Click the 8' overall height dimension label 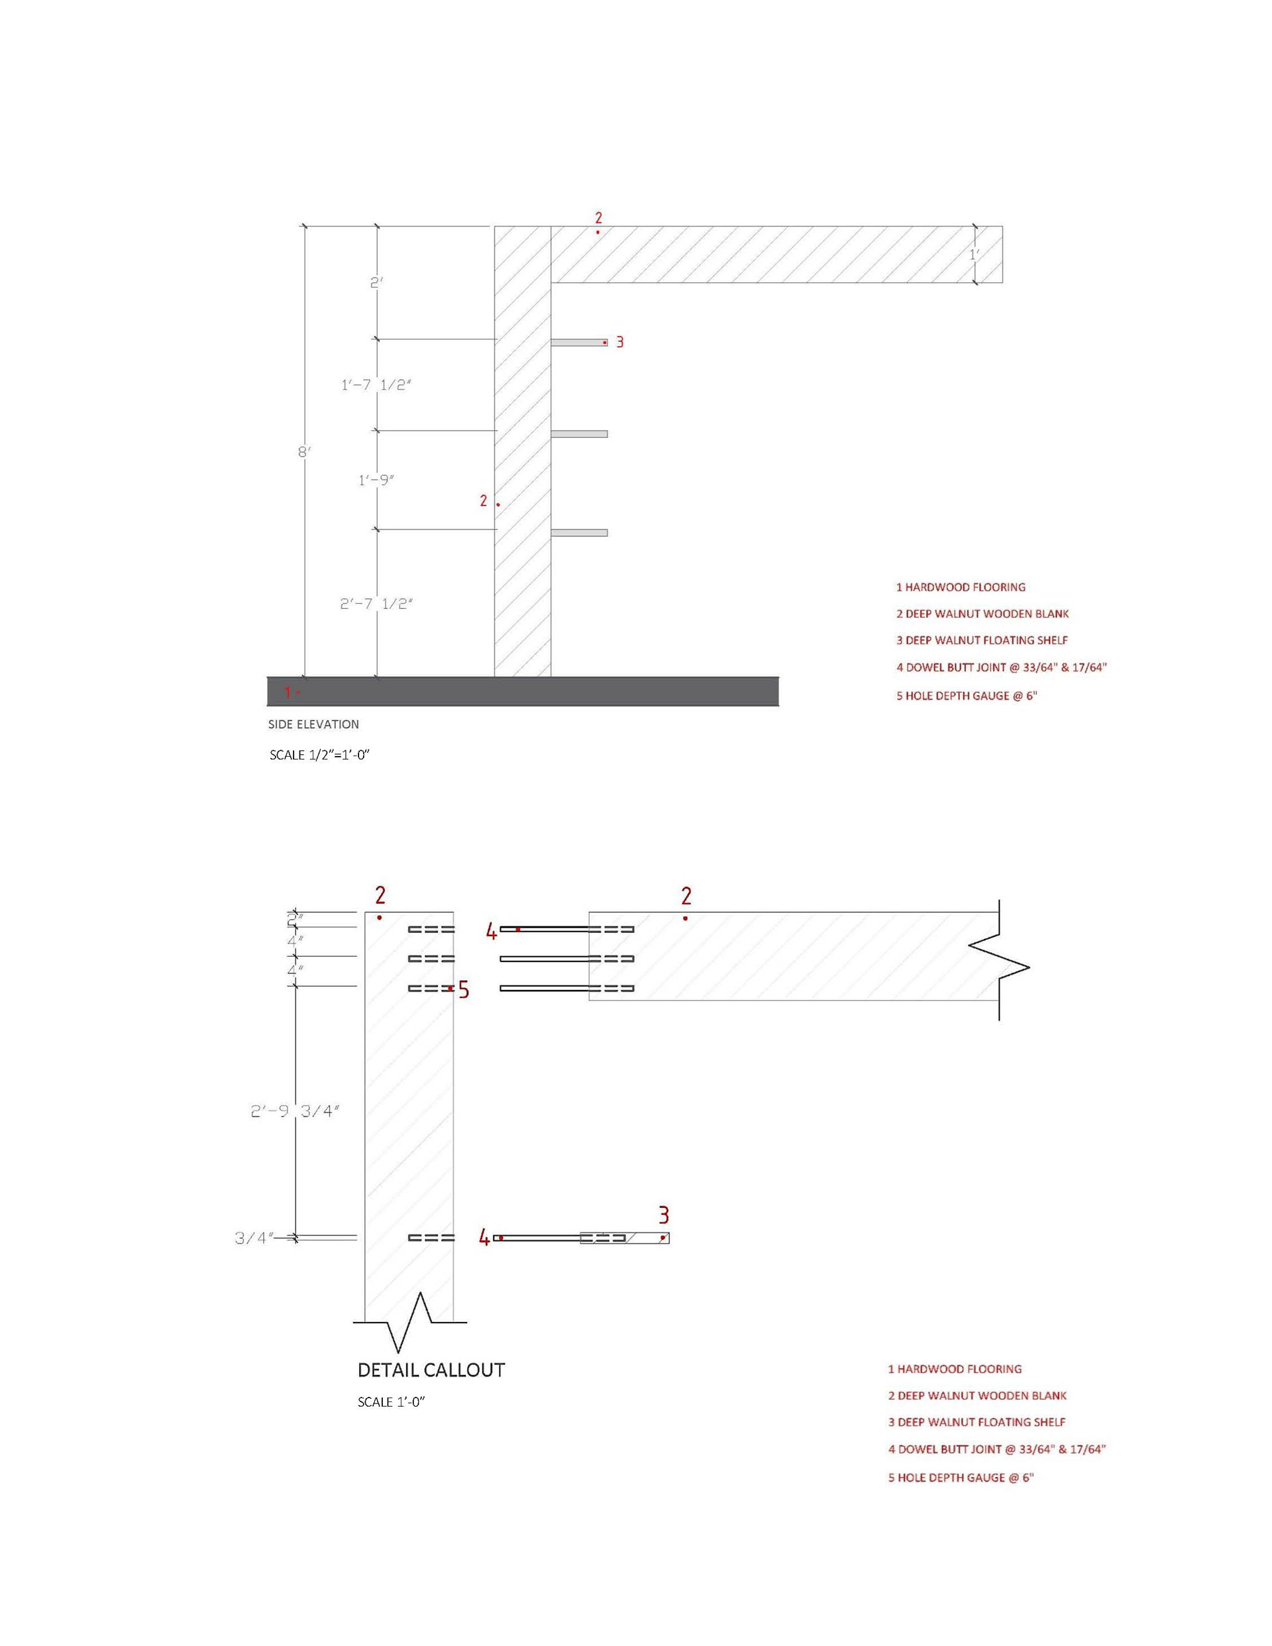point(303,452)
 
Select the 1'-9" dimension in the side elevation point(376,480)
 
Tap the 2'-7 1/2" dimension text point(376,604)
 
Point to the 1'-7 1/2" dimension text point(376,385)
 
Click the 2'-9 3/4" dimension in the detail point(295,1111)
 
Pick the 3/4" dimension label point(253,1238)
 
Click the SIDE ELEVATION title point(313,724)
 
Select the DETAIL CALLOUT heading point(431,1370)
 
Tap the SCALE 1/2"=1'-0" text point(319,755)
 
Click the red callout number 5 point(464,989)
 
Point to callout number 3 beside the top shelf point(619,342)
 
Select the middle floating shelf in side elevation point(579,434)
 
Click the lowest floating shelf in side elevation point(579,533)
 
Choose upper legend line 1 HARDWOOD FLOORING point(960,587)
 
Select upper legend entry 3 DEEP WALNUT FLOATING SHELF point(981,641)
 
